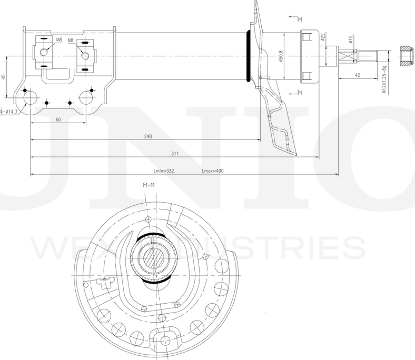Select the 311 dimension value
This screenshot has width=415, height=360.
(175, 154)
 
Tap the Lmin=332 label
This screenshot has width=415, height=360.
(164, 171)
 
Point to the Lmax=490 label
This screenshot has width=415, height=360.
(213, 171)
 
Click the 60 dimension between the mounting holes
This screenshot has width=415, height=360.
(58, 119)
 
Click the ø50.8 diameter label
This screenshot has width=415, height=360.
(281, 56)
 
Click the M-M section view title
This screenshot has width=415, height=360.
(149, 185)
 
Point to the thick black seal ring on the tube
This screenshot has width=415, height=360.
(248, 56)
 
